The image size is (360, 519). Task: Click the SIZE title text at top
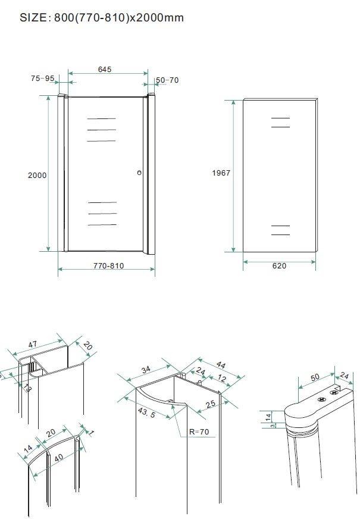coord(101,18)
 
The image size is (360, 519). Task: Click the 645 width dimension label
coord(104,70)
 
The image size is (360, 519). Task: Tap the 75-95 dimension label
coord(43,79)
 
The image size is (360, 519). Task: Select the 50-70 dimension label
coord(167,80)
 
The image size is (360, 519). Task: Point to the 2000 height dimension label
coord(37,176)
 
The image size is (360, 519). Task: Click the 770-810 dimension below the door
coord(108,266)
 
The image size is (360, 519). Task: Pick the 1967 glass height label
coord(221,173)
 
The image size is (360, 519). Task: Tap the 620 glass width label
coord(279,266)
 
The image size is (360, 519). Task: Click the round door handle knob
coord(139,173)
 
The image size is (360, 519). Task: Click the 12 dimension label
coord(221,379)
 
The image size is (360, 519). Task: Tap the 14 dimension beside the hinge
coord(268,417)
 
